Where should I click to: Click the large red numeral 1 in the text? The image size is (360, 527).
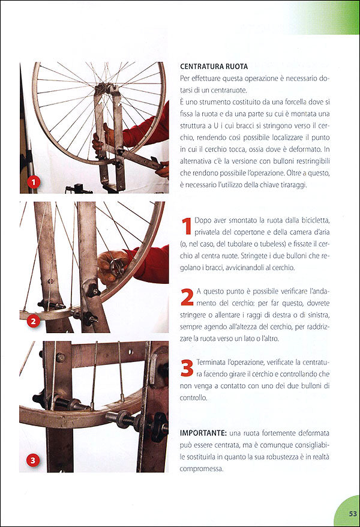click(x=187, y=227)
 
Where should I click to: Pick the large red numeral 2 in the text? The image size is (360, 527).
click(x=187, y=297)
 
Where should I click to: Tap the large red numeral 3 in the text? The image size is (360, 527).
click(x=187, y=367)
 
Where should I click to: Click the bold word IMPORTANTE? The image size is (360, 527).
click(x=202, y=433)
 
